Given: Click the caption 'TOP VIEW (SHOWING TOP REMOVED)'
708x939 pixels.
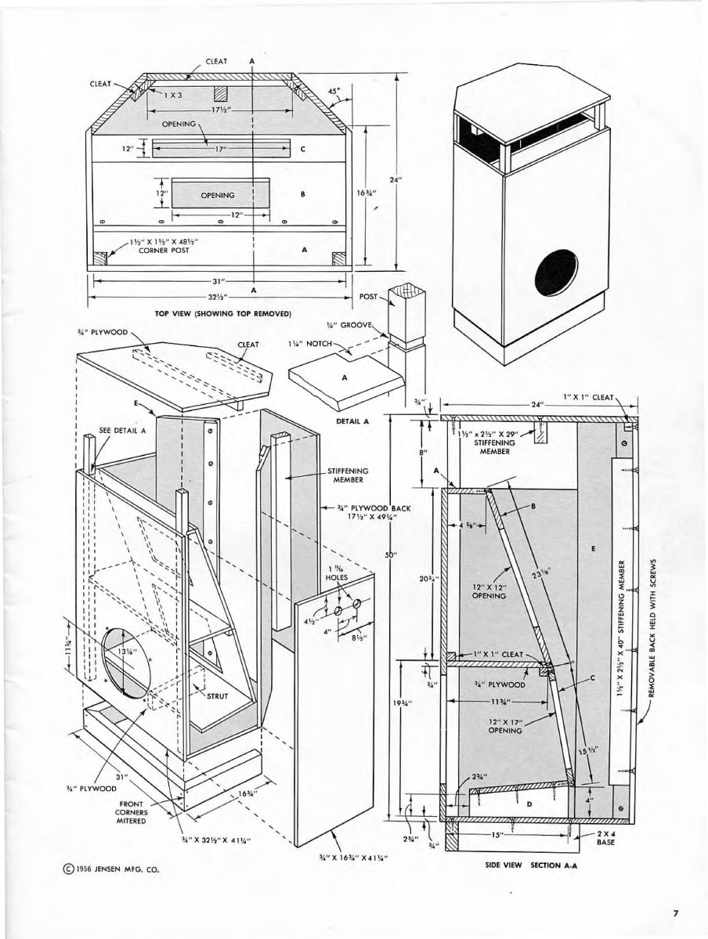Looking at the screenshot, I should coord(223,313).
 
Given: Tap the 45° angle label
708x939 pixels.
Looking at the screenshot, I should coord(334,92).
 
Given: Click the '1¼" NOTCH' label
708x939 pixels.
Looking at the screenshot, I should coord(311,343).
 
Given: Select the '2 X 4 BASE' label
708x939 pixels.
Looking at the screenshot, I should coord(605,839).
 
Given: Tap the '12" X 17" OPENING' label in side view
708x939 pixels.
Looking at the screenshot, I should coord(505,726).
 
